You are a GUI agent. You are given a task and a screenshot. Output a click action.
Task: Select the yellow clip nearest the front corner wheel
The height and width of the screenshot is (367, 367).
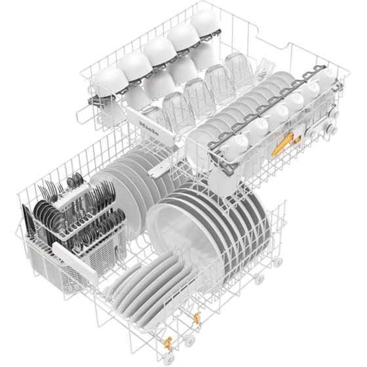[167, 341]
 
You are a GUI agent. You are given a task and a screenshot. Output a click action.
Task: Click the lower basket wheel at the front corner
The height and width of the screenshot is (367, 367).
[189, 341]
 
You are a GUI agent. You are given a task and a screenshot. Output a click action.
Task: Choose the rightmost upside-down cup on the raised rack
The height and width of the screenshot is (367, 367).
[204, 25]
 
